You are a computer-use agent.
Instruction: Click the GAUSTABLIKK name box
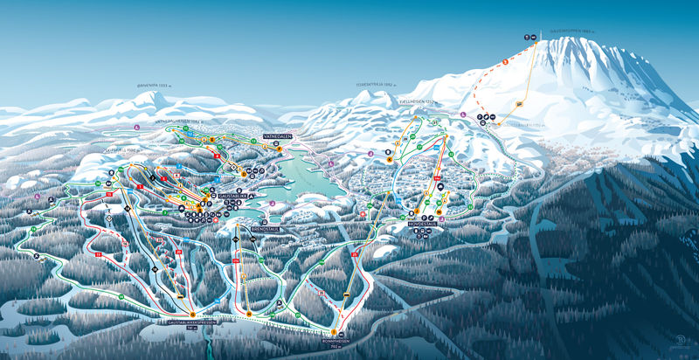232,196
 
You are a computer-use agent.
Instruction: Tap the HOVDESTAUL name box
424,224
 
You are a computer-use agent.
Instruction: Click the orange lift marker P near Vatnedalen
279,149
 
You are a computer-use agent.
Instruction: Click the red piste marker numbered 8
139,186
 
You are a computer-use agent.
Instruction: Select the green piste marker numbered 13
253,140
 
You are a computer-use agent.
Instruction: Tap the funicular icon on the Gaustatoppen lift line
519,103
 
